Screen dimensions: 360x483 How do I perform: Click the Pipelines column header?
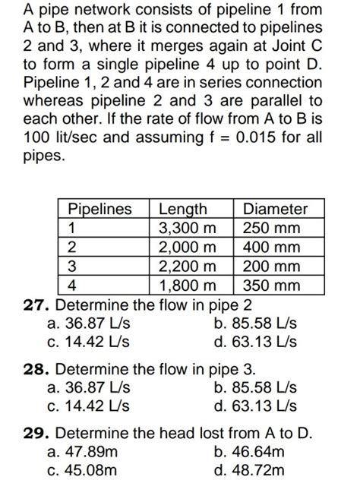point(99,209)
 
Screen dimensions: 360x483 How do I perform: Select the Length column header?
point(183,209)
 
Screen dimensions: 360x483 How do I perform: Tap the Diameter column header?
point(275,209)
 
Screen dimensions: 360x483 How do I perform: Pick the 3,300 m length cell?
point(187,228)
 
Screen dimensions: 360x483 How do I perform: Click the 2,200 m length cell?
point(187,267)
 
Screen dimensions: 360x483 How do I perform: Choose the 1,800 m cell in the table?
point(187,286)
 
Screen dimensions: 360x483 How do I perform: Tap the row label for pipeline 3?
point(72,267)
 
